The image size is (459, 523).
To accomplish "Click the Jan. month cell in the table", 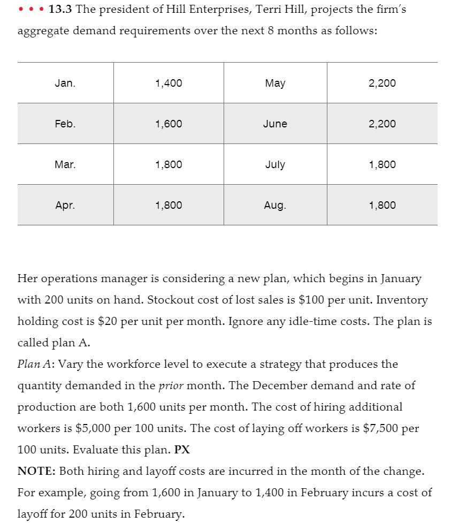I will pyautogui.click(x=65, y=83).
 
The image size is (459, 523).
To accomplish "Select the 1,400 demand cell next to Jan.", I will pyautogui.click(x=168, y=83).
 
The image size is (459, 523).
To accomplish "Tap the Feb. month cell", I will pyautogui.click(x=65, y=124).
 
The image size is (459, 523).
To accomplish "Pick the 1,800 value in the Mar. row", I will pyautogui.click(x=168, y=164).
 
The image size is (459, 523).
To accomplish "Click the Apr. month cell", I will pyautogui.click(x=65, y=205).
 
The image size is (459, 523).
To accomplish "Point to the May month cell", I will pyautogui.click(x=275, y=83).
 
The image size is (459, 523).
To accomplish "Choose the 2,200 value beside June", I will pyautogui.click(x=382, y=124).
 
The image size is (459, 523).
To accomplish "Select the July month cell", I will pyautogui.click(x=275, y=164).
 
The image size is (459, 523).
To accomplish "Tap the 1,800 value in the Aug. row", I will pyautogui.click(x=382, y=205).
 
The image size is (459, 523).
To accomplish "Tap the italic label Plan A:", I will pyautogui.click(x=36, y=364).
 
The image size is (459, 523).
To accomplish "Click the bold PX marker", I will pyautogui.click(x=182, y=450).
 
